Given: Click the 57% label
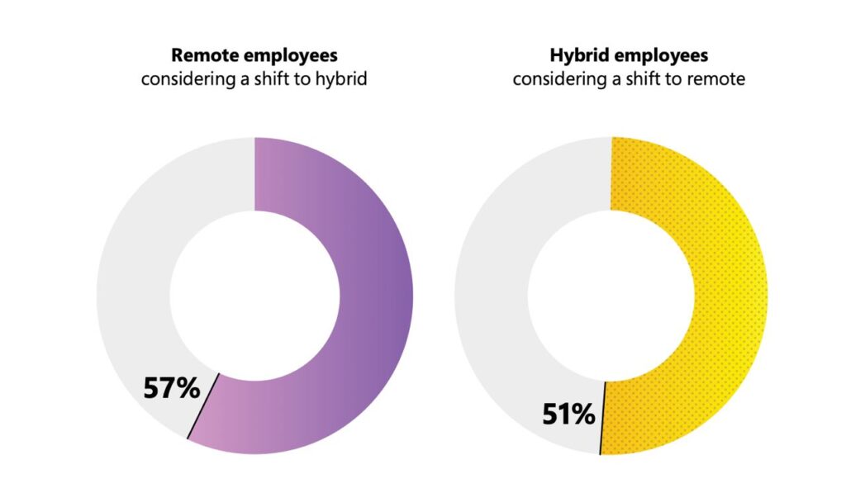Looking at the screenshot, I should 172,387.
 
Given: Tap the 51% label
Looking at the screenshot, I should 568,413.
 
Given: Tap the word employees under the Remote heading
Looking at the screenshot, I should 286,56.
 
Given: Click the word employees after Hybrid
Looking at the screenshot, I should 661,56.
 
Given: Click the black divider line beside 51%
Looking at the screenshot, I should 602,418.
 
